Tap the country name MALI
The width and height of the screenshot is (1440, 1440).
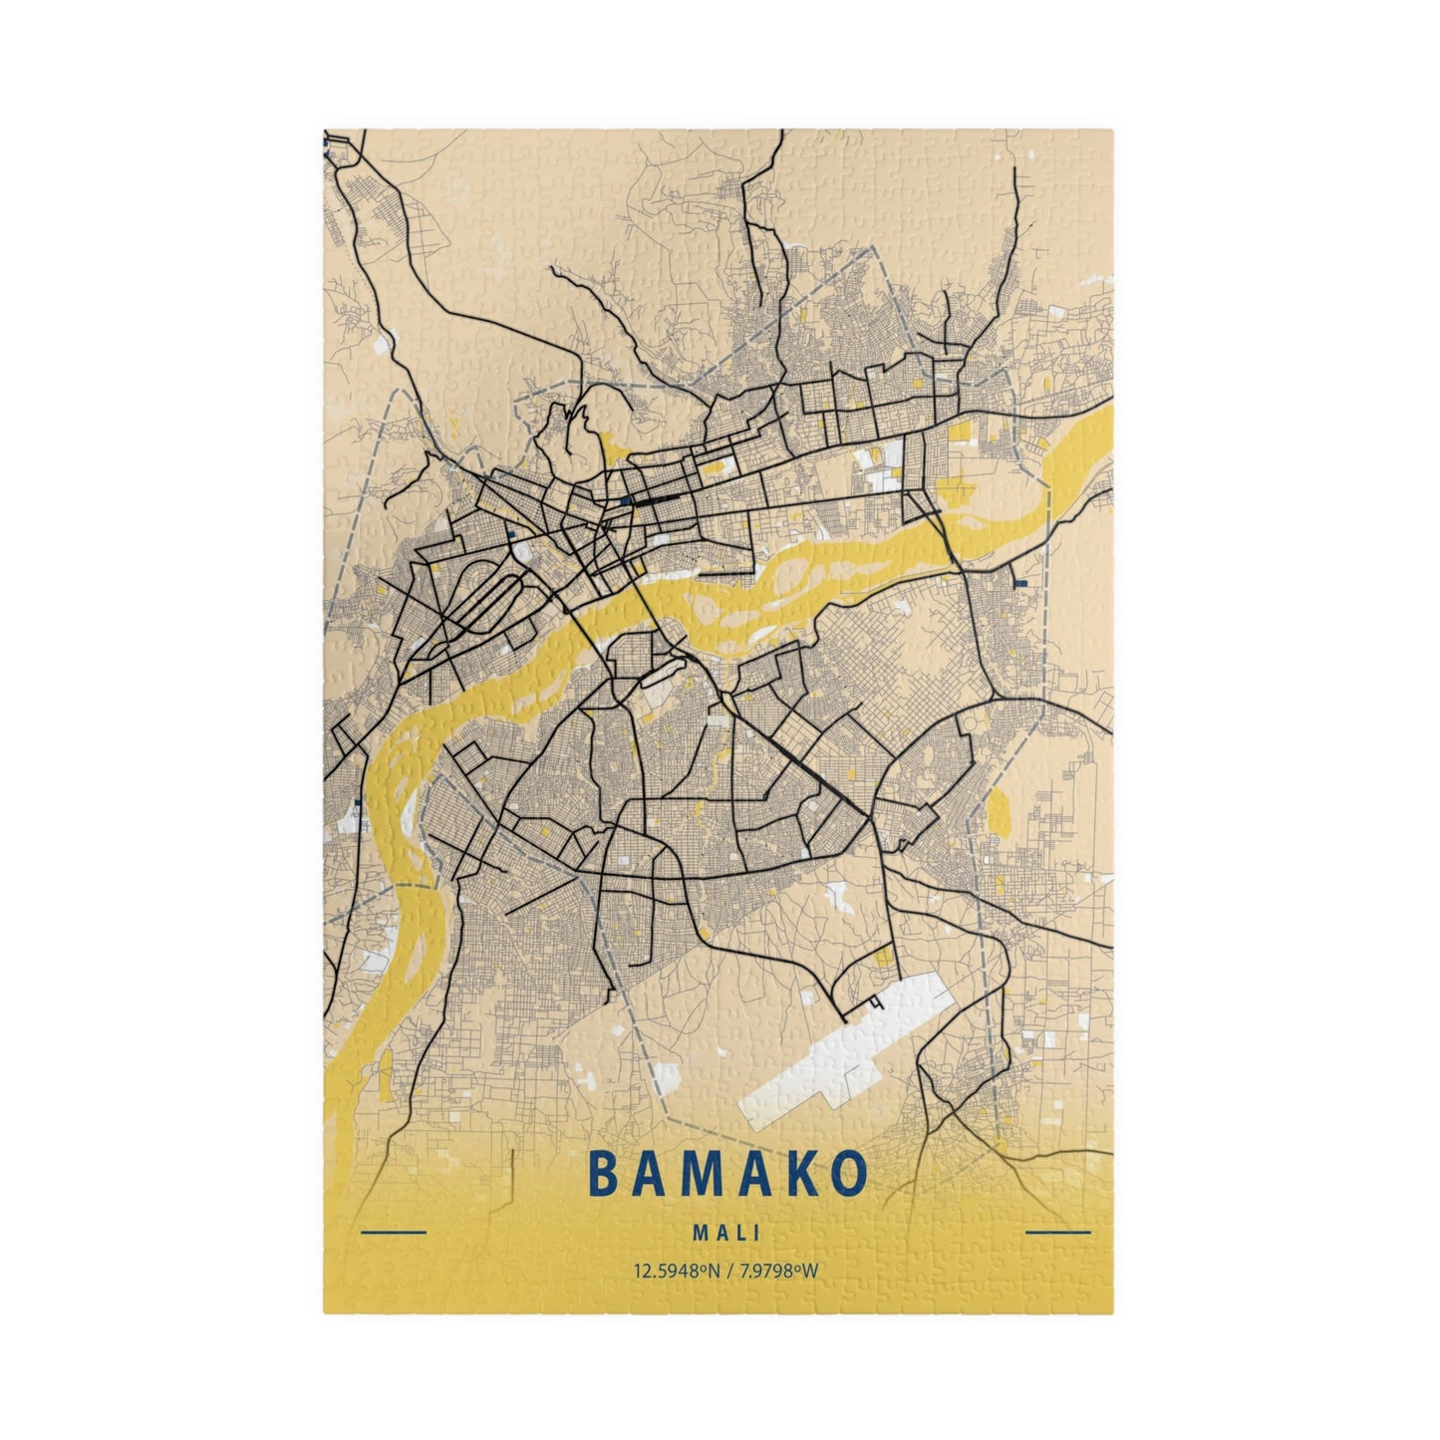pos(726,1232)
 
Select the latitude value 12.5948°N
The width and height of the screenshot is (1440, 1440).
pos(674,1271)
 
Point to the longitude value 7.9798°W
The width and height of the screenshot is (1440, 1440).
pos(778,1271)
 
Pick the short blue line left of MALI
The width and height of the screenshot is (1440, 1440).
pos(393,1233)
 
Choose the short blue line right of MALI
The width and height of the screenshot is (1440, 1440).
pos(1057,1233)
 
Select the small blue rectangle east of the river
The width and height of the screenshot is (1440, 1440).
pos(1019,580)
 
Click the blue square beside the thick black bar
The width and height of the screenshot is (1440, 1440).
pos(625,500)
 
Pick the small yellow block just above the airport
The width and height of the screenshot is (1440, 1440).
pos(883,958)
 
